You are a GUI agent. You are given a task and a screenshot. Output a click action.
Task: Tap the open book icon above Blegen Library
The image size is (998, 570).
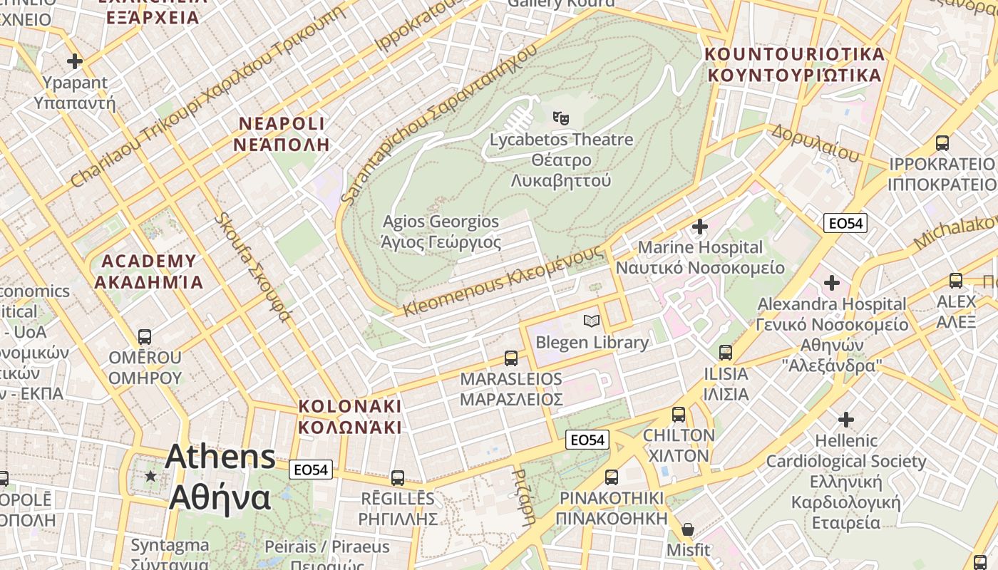tap(592, 321)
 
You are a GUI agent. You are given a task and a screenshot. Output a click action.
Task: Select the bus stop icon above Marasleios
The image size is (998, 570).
tap(511, 358)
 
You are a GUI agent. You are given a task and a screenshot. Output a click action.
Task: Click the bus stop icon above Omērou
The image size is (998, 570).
tap(145, 336)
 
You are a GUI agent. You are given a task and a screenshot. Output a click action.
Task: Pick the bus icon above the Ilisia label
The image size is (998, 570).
tap(726, 352)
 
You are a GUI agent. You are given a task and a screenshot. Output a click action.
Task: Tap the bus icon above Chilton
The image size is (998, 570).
tap(679, 414)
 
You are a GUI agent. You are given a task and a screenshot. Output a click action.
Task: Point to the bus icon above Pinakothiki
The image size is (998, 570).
tap(612, 477)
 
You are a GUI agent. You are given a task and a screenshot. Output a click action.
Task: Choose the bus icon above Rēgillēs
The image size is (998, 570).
tap(397, 477)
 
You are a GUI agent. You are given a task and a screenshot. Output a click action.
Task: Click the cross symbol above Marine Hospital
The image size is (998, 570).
tap(700, 227)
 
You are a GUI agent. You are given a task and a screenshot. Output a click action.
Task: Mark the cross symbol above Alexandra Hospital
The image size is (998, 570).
tap(832, 283)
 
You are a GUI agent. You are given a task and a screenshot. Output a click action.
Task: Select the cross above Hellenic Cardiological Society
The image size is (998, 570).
tap(846, 419)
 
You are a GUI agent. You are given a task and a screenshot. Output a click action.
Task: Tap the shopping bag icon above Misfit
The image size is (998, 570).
tap(688, 529)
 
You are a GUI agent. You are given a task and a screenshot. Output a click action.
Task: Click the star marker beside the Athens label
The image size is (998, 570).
tap(150, 475)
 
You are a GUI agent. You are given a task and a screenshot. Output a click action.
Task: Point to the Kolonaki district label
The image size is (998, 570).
tap(350, 416)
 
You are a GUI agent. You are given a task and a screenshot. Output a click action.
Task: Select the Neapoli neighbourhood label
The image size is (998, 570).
tap(281, 134)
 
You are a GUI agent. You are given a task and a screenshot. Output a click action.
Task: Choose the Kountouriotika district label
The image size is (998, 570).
tap(794, 64)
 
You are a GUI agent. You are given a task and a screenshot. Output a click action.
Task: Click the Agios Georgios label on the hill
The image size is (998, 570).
tap(441, 232)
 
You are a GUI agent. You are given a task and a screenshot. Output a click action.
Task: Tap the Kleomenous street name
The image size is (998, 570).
tap(503, 281)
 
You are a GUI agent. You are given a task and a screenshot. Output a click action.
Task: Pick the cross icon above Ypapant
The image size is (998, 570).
tap(75, 61)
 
